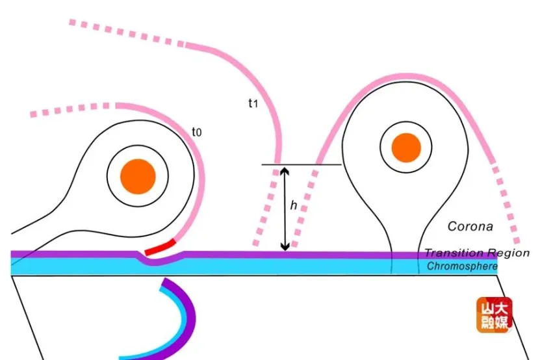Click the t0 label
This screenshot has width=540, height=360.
196,133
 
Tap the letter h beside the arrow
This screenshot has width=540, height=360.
294,205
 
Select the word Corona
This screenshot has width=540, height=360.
470,227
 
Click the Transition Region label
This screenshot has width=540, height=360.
477,253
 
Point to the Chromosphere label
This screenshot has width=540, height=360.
462,266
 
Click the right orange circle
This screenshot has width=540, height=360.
407,148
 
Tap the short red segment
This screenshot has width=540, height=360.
160,248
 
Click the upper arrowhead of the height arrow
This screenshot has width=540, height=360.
284,170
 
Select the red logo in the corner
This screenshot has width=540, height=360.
494,315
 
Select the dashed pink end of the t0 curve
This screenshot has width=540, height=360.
71,109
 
